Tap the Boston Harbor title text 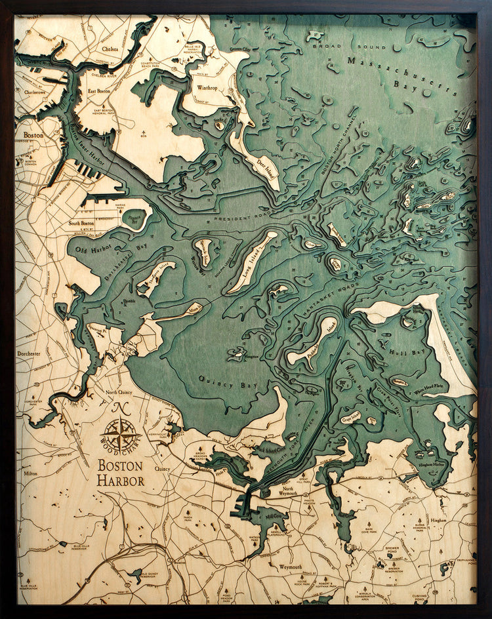[x=121, y=473]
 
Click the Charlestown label [x=31, y=92]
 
